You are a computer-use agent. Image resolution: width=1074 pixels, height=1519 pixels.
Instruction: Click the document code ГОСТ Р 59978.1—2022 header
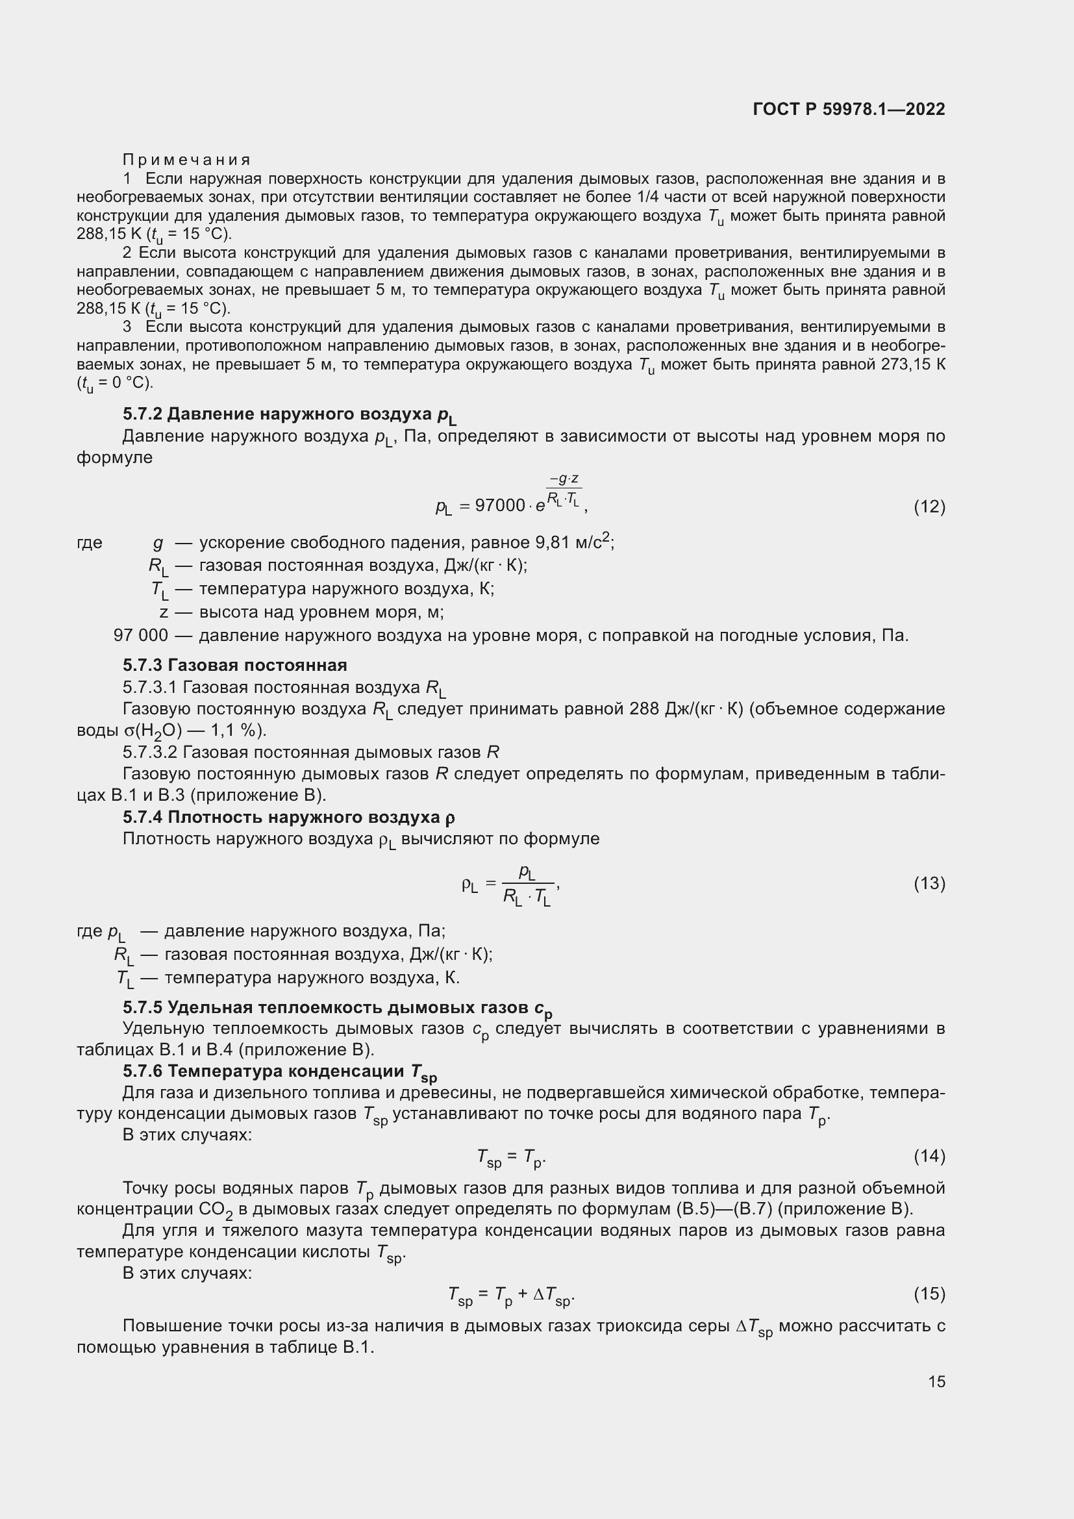849,109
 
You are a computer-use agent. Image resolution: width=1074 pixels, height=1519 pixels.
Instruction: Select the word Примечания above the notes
186,160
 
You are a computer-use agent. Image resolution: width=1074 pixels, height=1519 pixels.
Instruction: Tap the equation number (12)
929,507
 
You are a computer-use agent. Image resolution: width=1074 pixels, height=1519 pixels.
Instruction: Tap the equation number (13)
929,883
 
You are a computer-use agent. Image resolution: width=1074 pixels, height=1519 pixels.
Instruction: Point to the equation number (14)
929,1156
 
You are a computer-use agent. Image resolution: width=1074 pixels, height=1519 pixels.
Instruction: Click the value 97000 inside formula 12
500,505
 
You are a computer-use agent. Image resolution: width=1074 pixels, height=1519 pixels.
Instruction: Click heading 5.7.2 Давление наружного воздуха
289,415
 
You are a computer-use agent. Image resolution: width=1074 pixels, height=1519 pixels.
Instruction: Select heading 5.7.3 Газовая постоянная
235,665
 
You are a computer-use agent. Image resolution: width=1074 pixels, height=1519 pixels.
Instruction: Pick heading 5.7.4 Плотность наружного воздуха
288,818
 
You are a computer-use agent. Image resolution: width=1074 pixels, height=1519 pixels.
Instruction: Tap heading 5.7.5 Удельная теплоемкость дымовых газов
337,1008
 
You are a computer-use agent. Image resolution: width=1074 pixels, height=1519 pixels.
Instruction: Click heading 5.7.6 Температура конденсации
280,1071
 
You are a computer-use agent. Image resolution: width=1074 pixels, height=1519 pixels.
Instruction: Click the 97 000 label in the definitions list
141,635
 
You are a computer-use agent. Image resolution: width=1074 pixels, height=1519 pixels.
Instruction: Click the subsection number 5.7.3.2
150,752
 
